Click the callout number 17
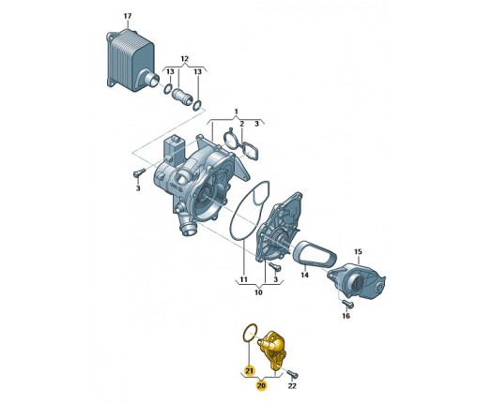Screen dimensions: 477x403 pos(128,16)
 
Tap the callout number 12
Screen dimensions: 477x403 pos(185,58)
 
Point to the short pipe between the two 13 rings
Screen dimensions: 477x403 pos(181,96)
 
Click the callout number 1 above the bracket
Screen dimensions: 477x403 pos(237,112)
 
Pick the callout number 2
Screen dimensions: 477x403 pos(241,124)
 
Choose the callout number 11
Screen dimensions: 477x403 pos(243,279)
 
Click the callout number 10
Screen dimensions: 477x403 pos(258,292)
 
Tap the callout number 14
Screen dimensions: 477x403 pos(304,275)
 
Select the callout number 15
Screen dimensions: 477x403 pos(358,251)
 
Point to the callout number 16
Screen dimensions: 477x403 pos(346,316)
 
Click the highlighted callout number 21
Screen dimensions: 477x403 pos(250,371)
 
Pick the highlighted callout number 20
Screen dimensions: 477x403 pos(261,386)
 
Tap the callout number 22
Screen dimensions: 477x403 pos(292,386)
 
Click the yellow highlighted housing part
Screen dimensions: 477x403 pos(271,351)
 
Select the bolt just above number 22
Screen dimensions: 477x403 pos(293,373)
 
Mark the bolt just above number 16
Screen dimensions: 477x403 pos(347,303)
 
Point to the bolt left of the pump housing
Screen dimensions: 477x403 pos(139,172)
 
